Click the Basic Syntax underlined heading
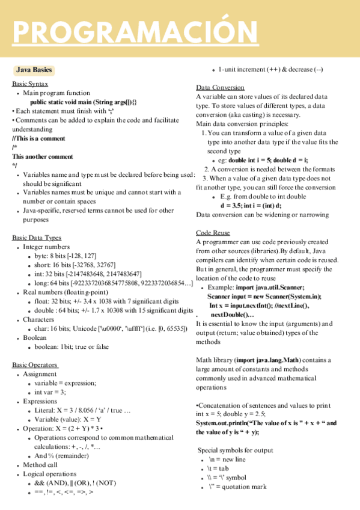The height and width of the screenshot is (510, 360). [x=30, y=84]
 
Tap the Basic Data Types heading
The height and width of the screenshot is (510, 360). [x=37, y=238]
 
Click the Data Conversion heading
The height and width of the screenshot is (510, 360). [x=220, y=87]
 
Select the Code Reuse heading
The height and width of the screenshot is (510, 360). [x=213, y=233]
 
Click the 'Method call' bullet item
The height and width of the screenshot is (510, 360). [x=41, y=465]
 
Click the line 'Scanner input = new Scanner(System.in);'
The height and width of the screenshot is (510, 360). [x=264, y=296]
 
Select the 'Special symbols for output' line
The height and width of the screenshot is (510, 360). [x=236, y=450]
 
